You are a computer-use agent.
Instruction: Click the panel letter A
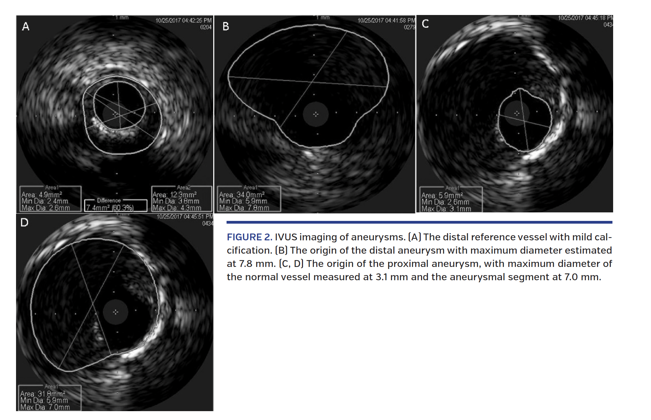coord(26,26)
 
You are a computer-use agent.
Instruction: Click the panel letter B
coord(226,26)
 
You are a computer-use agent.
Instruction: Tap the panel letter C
coord(425,24)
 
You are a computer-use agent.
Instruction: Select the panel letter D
coord(24,223)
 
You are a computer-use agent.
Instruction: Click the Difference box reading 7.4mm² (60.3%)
coord(110,207)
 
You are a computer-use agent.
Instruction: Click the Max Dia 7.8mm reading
coord(244,208)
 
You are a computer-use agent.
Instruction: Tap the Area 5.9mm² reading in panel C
coord(442,195)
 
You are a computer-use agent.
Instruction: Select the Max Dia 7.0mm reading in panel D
coord(45,407)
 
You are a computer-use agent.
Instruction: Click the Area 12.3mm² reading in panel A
coord(174,195)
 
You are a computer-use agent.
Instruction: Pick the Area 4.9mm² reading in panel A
coord(42,195)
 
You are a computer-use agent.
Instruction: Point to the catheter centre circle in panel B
coord(316,114)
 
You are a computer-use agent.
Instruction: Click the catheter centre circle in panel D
coord(116,312)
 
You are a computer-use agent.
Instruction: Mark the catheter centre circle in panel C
coord(517,113)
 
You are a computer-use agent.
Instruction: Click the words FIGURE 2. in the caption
coord(249,237)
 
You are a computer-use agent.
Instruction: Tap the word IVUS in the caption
coord(286,237)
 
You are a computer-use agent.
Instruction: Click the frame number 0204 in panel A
coord(206,27)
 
